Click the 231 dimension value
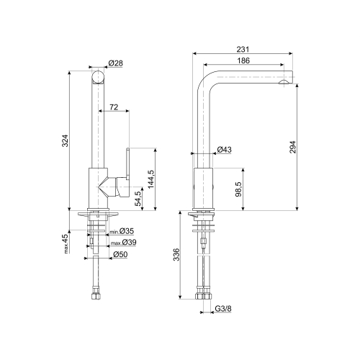(243, 49)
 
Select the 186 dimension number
(243, 60)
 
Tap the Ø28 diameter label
(115, 63)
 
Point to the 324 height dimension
(66, 141)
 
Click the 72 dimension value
(114, 107)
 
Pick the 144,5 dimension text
(151, 179)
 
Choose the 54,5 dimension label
(138, 199)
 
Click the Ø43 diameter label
(225, 150)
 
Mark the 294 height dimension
(293, 147)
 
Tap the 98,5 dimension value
(238, 189)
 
